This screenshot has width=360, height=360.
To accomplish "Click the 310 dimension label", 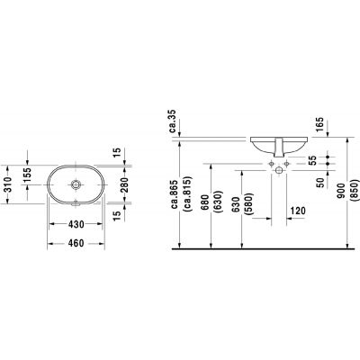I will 7,184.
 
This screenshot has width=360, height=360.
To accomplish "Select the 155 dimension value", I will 26,178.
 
